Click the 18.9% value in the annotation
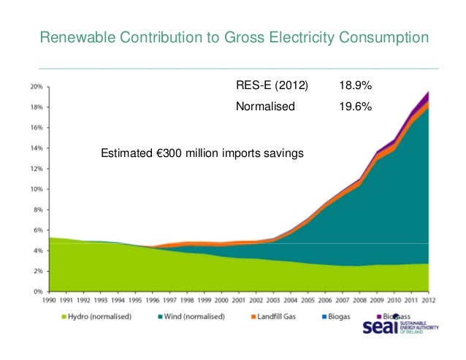354,86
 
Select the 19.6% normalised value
354,107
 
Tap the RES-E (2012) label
272,86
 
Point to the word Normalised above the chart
264,107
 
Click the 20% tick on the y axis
36,85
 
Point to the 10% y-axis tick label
36,188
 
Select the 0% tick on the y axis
37,291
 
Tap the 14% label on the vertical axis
36,148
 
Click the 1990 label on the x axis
50,300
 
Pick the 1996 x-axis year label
152,300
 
